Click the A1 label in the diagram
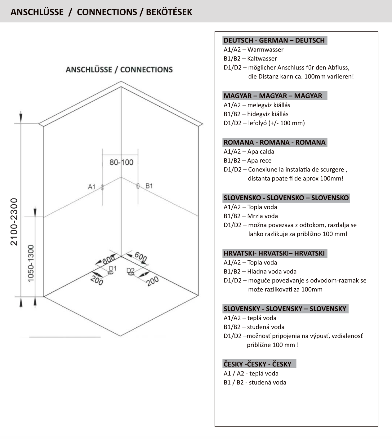pos(91,187)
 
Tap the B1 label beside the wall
pos(149,186)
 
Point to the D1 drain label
pos(113,268)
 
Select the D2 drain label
pos(130,270)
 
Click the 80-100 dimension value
pos(121,162)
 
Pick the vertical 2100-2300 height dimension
pos(14,222)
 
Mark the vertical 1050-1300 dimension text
pos(31,264)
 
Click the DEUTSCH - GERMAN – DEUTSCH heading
pos(274,40)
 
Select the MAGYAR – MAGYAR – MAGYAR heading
pos(273,96)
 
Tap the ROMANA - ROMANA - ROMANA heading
pos(274,142)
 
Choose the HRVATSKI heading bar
pos(274,253)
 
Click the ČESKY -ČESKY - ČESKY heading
pos(257,364)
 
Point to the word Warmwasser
pos(265,50)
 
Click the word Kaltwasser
pos(262,59)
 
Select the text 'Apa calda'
pos(261,152)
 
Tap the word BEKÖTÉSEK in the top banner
pos(169,12)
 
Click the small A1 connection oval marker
pos(102,187)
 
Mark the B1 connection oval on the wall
pos(138,186)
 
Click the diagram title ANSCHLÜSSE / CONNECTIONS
pos(119,69)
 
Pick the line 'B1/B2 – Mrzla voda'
pos(251,216)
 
